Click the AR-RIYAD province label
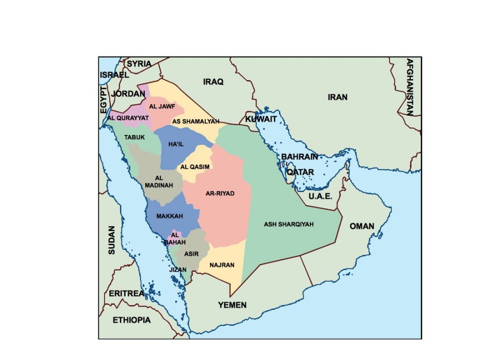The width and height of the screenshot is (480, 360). (x=220, y=193)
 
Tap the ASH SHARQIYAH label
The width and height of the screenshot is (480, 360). (x=288, y=224)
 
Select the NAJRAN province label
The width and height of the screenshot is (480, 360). (x=222, y=265)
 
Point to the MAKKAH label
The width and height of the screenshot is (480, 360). (x=169, y=216)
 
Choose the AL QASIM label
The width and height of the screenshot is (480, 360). (x=195, y=166)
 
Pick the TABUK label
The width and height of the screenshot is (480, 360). (x=135, y=137)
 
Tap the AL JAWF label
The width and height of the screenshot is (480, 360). (x=162, y=106)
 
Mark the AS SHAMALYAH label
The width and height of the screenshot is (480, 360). (x=196, y=121)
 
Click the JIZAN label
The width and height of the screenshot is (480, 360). (x=178, y=270)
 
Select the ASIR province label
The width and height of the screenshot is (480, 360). (x=191, y=254)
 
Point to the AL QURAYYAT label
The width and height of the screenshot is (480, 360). (x=128, y=118)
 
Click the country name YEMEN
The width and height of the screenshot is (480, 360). (x=232, y=305)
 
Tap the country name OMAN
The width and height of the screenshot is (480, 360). (x=362, y=226)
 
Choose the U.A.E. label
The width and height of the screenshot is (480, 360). (x=321, y=196)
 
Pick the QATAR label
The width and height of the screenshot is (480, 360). (x=300, y=172)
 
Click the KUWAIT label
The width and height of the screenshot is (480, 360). (x=261, y=119)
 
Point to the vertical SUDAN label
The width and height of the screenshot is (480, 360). (x=112, y=240)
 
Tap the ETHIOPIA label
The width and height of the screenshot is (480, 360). (x=132, y=320)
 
